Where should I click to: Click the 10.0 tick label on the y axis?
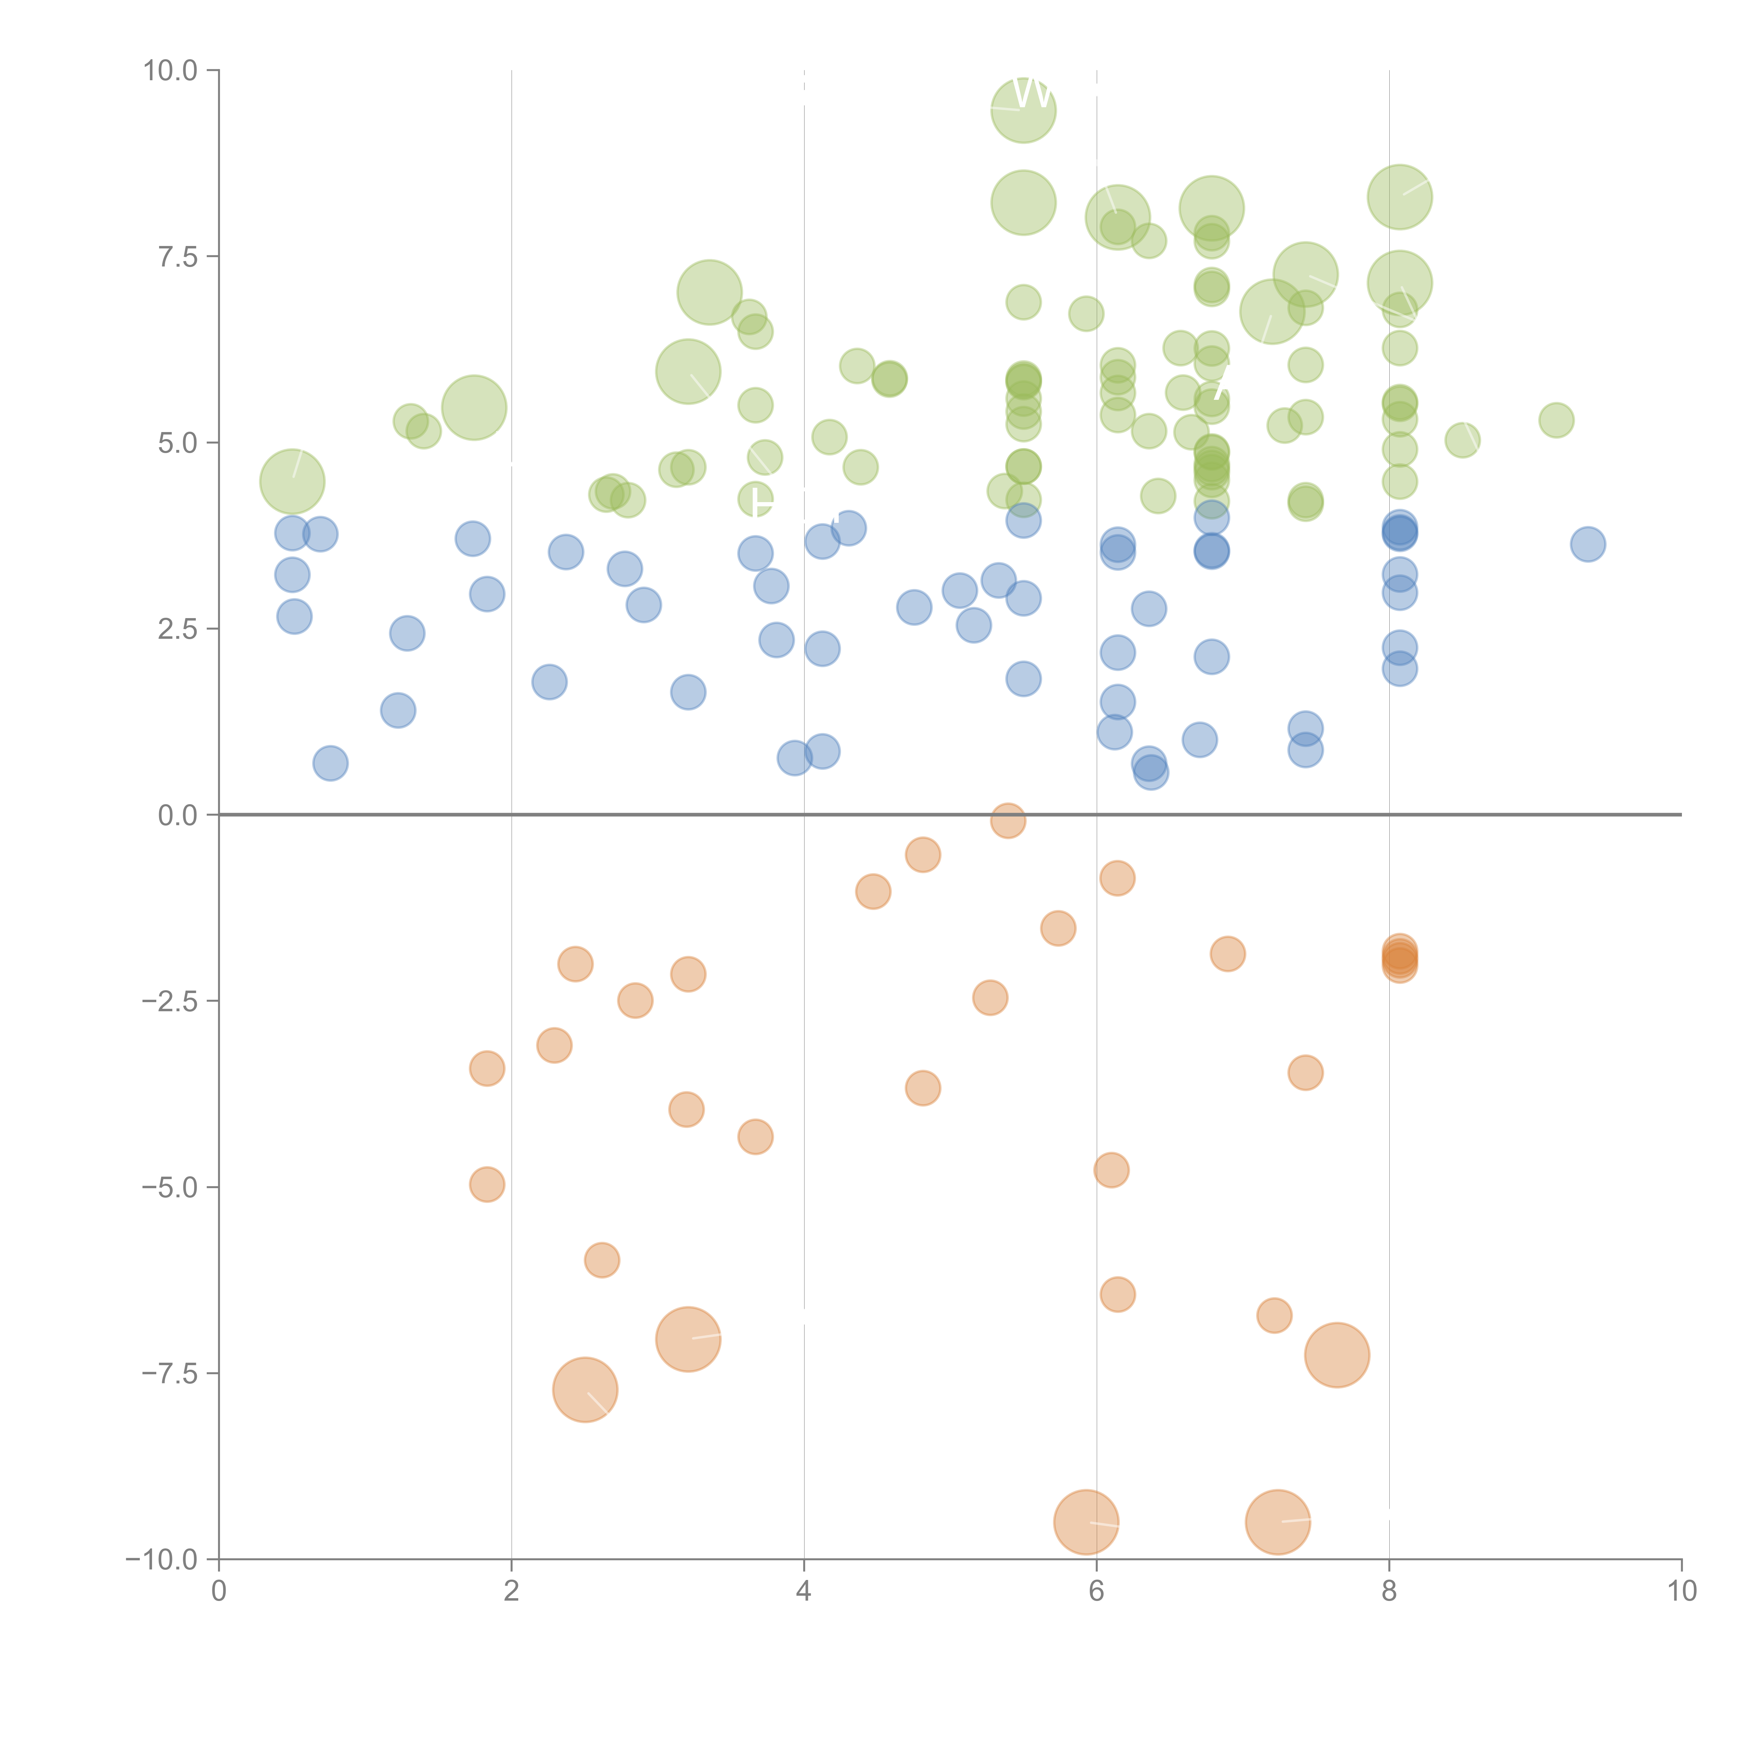pos(171,71)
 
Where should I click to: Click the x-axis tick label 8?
pos(1389,1592)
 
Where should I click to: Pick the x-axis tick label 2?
pos(512,1592)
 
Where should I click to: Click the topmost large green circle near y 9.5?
pos(1023,110)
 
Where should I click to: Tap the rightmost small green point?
pos(1556,420)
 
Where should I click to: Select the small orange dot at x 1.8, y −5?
pos(487,1184)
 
